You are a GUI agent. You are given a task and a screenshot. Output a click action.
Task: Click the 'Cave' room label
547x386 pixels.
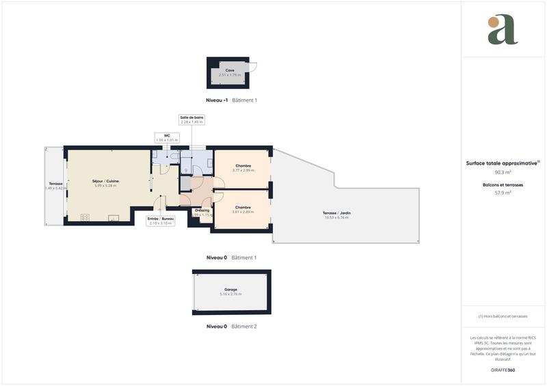[x=230, y=70]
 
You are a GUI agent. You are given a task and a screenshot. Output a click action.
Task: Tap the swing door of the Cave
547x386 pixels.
[x=252, y=67]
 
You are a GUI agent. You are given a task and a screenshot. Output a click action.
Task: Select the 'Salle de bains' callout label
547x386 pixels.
[x=191, y=118]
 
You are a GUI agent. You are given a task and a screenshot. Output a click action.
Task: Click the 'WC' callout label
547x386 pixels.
[x=166, y=135]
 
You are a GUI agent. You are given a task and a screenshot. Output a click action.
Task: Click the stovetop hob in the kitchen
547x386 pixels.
[x=85, y=217]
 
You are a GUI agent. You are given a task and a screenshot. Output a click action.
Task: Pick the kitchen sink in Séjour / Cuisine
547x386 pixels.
[x=114, y=219]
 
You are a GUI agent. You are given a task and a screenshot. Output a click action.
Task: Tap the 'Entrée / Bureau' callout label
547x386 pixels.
[x=161, y=218]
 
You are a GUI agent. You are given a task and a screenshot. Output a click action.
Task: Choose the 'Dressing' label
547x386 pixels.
[x=202, y=210]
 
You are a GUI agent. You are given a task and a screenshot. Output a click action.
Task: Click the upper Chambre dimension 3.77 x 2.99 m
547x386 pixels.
[x=243, y=170]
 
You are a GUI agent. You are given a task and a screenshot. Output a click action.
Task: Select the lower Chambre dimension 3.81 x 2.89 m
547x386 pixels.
[x=243, y=212]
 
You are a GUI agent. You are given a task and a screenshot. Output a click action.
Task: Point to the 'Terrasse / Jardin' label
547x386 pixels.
[x=336, y=213]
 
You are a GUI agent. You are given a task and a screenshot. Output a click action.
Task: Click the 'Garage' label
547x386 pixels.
[x=230, y=290]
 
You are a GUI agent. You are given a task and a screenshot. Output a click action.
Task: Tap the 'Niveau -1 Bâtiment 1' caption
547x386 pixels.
[x=231, y=100]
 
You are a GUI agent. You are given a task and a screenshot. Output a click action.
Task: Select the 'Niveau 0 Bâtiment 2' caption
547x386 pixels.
[x=231, y=327]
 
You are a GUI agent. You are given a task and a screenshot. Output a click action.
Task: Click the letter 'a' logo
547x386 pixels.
[x=503, y=30]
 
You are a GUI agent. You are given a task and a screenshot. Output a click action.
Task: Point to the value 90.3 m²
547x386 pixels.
[x=503, y=172]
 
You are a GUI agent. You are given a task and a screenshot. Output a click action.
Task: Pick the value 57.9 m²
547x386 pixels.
[x=503, y=193]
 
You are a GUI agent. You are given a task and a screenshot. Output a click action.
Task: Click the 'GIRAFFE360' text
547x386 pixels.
[x=503, y=370]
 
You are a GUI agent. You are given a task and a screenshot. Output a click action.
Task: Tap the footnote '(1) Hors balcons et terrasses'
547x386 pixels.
[x=503, y=316]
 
